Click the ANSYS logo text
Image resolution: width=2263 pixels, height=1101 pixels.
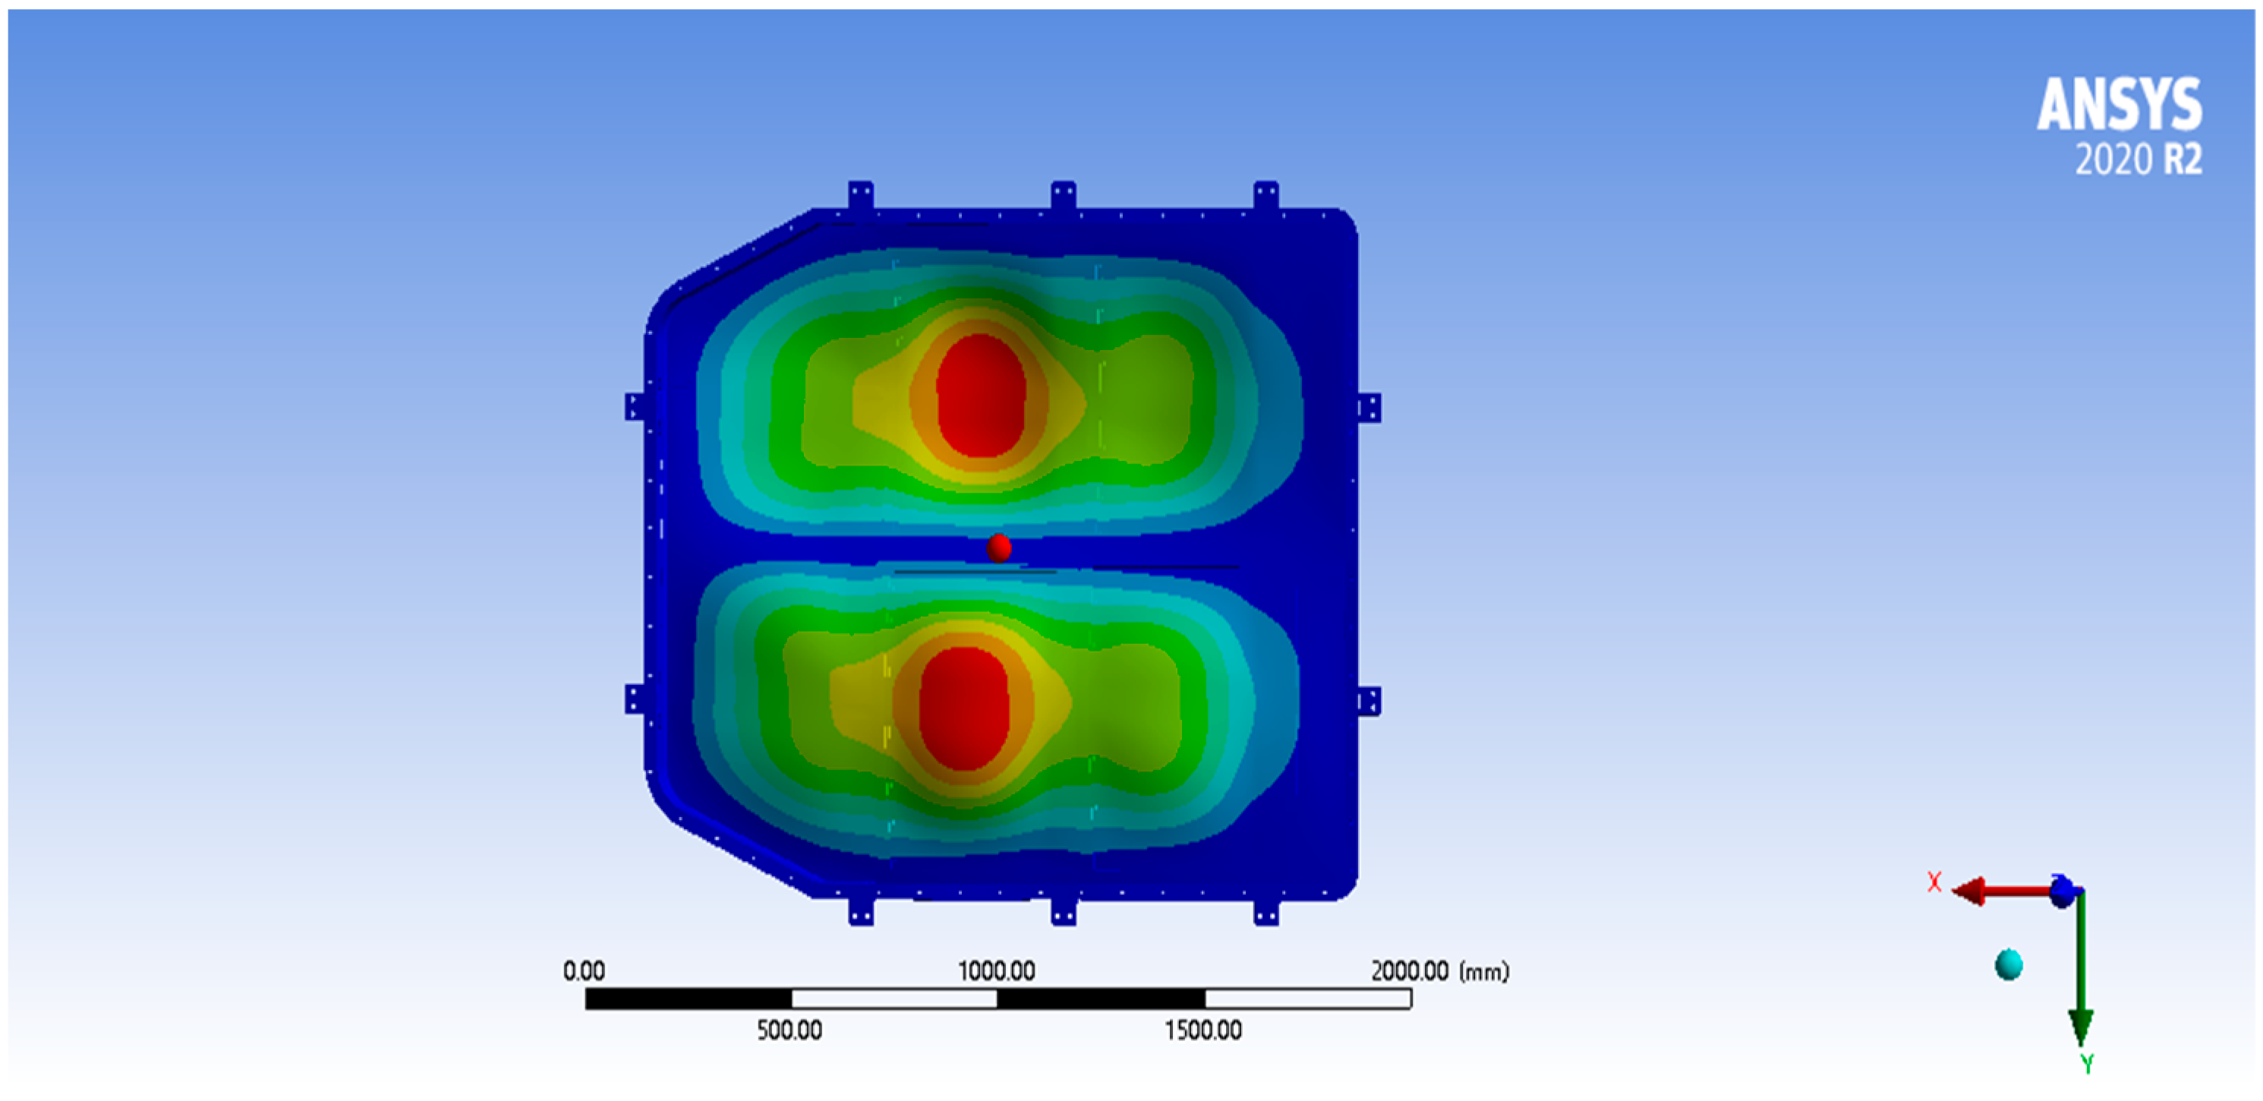point(2119,105)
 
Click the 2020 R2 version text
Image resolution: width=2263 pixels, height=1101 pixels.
point(2139,160)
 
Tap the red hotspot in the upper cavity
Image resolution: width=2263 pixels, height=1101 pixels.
point(980,396)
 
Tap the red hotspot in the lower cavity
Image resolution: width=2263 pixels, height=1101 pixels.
point(963,708)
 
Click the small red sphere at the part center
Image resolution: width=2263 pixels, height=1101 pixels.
point(998,548)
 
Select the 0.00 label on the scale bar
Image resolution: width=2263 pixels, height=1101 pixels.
point(583,971)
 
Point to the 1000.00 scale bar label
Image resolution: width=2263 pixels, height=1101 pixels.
point(996,971)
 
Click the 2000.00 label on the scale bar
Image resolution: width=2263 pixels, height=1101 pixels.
point(1409,971)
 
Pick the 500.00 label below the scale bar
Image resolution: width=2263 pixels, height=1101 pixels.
point(790,1030)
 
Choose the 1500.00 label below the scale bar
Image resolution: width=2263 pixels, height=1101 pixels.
point(1203,1030)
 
